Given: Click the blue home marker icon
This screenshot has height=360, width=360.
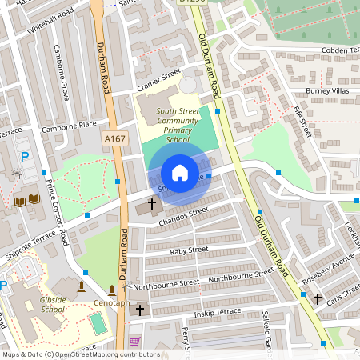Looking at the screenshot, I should click(180, 173).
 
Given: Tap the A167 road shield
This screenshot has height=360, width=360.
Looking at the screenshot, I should click(115, 139).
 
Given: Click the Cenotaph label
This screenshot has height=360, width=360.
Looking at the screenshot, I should click(111, 303).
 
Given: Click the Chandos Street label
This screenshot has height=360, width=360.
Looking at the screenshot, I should click(183, 213).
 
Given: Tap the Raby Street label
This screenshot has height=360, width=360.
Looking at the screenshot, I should click(189, 250).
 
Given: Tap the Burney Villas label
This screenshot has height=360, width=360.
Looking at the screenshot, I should click(328, 91).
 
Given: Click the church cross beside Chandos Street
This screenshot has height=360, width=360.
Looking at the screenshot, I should click(152, 205).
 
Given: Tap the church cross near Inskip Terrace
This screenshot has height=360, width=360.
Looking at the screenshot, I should click(140, 309).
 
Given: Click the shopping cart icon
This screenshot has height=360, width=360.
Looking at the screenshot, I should click(134, 342).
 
